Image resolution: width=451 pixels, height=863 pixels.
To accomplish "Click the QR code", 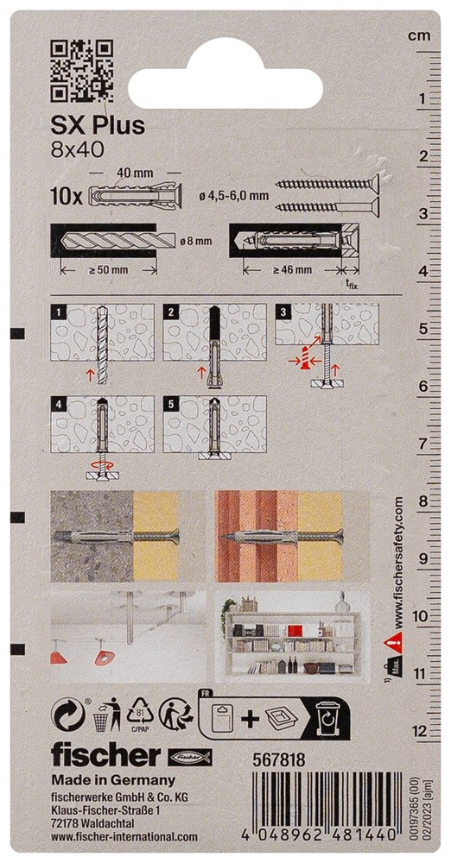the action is tap(81, 71).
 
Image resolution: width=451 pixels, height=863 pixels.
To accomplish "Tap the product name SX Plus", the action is tap(98, 125).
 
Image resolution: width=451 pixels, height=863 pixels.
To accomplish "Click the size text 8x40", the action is tap(70, 149).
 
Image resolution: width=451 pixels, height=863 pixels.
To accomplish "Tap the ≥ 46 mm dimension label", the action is tap(292, 269).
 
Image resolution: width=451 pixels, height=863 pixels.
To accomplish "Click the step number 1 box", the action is tap(58, 312).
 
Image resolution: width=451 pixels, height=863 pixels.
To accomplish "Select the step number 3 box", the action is tap(283, 312).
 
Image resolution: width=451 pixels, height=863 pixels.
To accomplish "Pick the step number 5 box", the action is tap(171, 403).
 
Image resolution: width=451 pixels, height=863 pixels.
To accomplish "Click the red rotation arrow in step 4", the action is tap(101, 464).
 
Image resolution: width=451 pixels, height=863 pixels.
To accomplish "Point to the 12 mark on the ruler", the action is tap(422, 731).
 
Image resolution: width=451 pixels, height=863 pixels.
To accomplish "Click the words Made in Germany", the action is tap(113, 780).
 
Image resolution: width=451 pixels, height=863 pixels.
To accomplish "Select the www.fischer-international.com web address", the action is tap(124, 836).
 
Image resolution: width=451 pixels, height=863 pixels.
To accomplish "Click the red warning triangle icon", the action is tap(397, 639).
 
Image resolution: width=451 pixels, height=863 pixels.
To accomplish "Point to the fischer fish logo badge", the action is tap(190, 758).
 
